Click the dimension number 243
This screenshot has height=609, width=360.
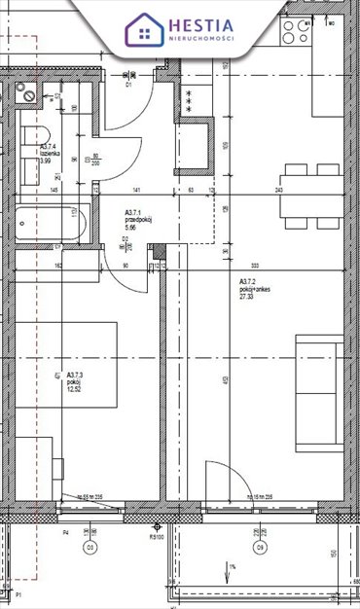(x=281, y=191)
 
